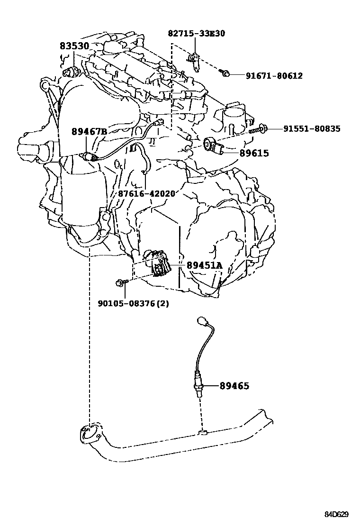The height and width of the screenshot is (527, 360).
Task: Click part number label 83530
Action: (x=74, y=46)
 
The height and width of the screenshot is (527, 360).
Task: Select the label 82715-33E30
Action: (x=197, y=33)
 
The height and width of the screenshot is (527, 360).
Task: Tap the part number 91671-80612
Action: (x=274, y=75)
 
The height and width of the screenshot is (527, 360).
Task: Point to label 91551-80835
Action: (x=312, y=128)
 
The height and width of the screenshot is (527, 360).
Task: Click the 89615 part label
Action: (x=254, y=153)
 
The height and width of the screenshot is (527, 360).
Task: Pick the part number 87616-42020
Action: (x=147, y=193)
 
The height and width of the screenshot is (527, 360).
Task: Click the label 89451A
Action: (x=204, y=266)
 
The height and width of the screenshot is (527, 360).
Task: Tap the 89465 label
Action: (x=234, y=386)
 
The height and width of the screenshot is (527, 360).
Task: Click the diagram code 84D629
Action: (x=336, y=514)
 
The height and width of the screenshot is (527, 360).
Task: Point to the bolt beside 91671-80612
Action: (x=226, y=73)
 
